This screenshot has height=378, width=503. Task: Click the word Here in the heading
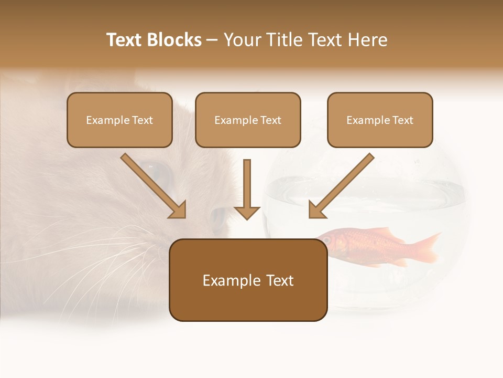(367, 40)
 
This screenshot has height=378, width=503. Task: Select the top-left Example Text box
(119, 120)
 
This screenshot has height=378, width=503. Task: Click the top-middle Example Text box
(248, 120)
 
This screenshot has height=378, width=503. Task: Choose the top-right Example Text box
(380, 120)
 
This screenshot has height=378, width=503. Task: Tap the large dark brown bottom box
(248, 299)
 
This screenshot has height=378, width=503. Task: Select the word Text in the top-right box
(403, 120)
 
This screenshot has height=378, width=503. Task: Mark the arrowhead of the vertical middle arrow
(247, 212)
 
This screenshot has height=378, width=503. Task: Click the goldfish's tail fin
(424, 247)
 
